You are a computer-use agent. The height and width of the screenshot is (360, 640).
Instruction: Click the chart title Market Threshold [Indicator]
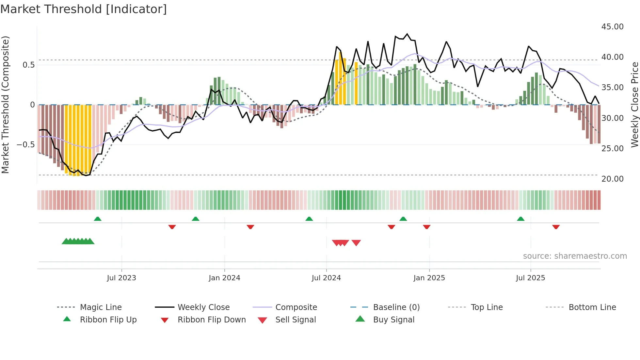84,9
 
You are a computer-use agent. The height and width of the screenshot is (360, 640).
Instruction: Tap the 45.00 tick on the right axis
612,27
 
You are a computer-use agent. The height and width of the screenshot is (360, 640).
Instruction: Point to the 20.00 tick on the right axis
612,179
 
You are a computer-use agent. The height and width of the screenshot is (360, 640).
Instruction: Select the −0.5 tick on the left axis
25,145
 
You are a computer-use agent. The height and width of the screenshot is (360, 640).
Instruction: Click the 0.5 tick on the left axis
28,65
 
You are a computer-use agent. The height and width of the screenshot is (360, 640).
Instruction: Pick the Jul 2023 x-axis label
121,278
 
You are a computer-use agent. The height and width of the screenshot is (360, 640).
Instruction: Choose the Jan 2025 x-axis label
429,278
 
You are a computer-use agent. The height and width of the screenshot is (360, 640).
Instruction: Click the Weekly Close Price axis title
634,105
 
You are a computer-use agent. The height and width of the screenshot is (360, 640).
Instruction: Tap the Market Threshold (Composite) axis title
5,105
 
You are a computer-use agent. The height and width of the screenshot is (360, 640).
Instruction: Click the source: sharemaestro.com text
575,256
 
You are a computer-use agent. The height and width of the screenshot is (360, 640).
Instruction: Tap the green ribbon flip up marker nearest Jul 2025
520,219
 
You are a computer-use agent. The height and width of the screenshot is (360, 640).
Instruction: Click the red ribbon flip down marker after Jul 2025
556,227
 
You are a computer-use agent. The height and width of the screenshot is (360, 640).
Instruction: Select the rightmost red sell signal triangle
356,243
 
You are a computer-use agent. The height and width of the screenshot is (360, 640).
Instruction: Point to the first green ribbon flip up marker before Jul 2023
97,219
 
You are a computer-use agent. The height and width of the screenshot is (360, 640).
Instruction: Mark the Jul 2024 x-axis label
326,278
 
